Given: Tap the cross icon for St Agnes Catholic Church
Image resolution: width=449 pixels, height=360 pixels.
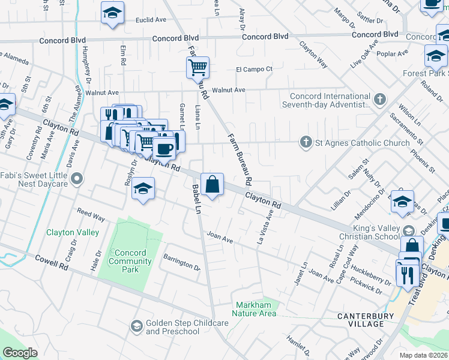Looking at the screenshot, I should [x=306, y=142].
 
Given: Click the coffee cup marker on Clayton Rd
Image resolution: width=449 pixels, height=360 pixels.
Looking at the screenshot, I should [x=164, y=148].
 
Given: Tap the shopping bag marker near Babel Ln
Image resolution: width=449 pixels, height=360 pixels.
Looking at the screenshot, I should [x=212, y=184].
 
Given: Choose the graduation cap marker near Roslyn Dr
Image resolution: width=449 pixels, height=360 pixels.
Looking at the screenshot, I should [x=143, y=189].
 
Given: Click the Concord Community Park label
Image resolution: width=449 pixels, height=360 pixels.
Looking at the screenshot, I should [x=130, y=261].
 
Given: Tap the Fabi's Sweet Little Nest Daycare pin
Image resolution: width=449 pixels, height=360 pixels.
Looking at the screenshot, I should [x=77, y=179].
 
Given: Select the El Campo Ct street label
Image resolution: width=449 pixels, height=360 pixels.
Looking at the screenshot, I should [x=254, y=69].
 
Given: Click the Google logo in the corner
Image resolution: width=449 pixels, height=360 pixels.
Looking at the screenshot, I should [x=20, y=353].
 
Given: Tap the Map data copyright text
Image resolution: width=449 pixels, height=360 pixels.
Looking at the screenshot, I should [x=424, y=355].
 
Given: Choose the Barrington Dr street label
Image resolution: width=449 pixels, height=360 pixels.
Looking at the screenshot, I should [x=181, y=261].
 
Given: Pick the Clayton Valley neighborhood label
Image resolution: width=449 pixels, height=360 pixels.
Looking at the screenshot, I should [x=69, y=232].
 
